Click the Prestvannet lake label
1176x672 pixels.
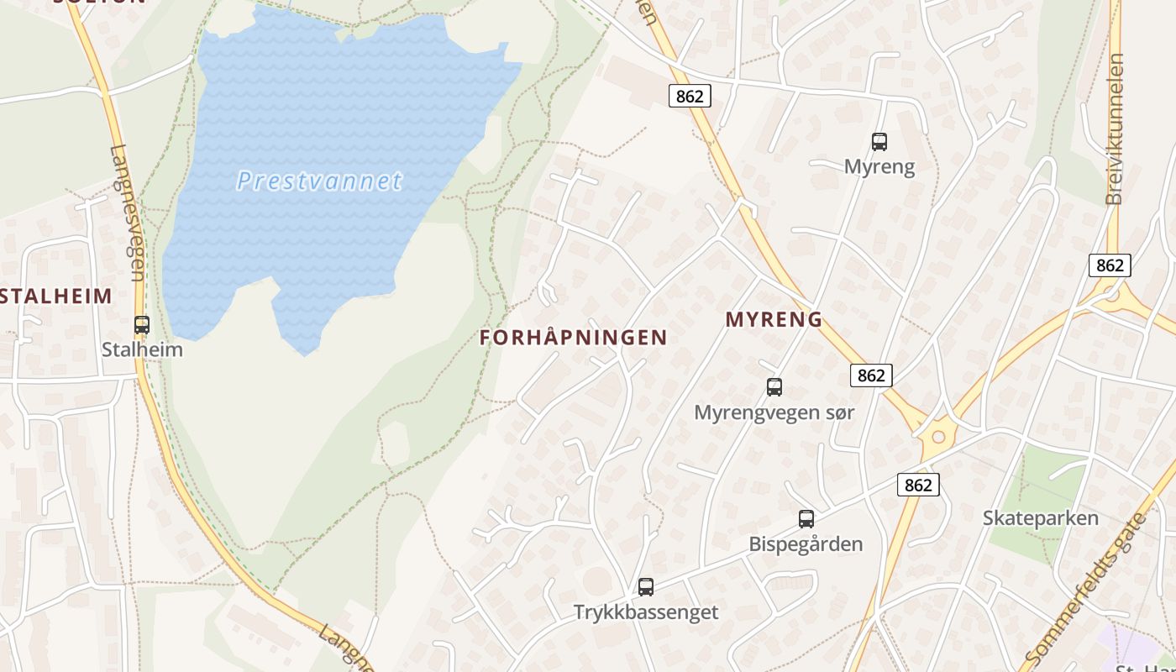click(319, 181)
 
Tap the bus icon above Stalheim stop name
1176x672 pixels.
click(142, 324)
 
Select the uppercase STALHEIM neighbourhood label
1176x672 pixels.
click(55, 296)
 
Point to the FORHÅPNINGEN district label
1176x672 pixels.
click(574, 338)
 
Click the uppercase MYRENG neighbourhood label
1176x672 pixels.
click(774, 319)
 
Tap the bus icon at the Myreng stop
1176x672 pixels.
click(879, 141)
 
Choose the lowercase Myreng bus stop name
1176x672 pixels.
click(879, 166)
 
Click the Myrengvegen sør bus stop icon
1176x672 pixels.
click(774, 387)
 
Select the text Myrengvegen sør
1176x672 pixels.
click(774, 412)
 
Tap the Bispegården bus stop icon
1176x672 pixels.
click(806, 518)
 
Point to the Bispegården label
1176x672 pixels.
click(806, 544)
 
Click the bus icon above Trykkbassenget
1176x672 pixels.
click(646, 586)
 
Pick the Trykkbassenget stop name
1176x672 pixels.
click(646, 612)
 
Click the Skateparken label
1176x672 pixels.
click(1041, 517)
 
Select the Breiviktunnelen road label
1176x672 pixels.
click(1116, 129)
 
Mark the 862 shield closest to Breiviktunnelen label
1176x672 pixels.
click(1110, 265)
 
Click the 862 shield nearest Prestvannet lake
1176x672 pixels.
click(690, 96)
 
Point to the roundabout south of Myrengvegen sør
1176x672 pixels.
click(937, 436)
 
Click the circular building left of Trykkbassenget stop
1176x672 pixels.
click(598, 581)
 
